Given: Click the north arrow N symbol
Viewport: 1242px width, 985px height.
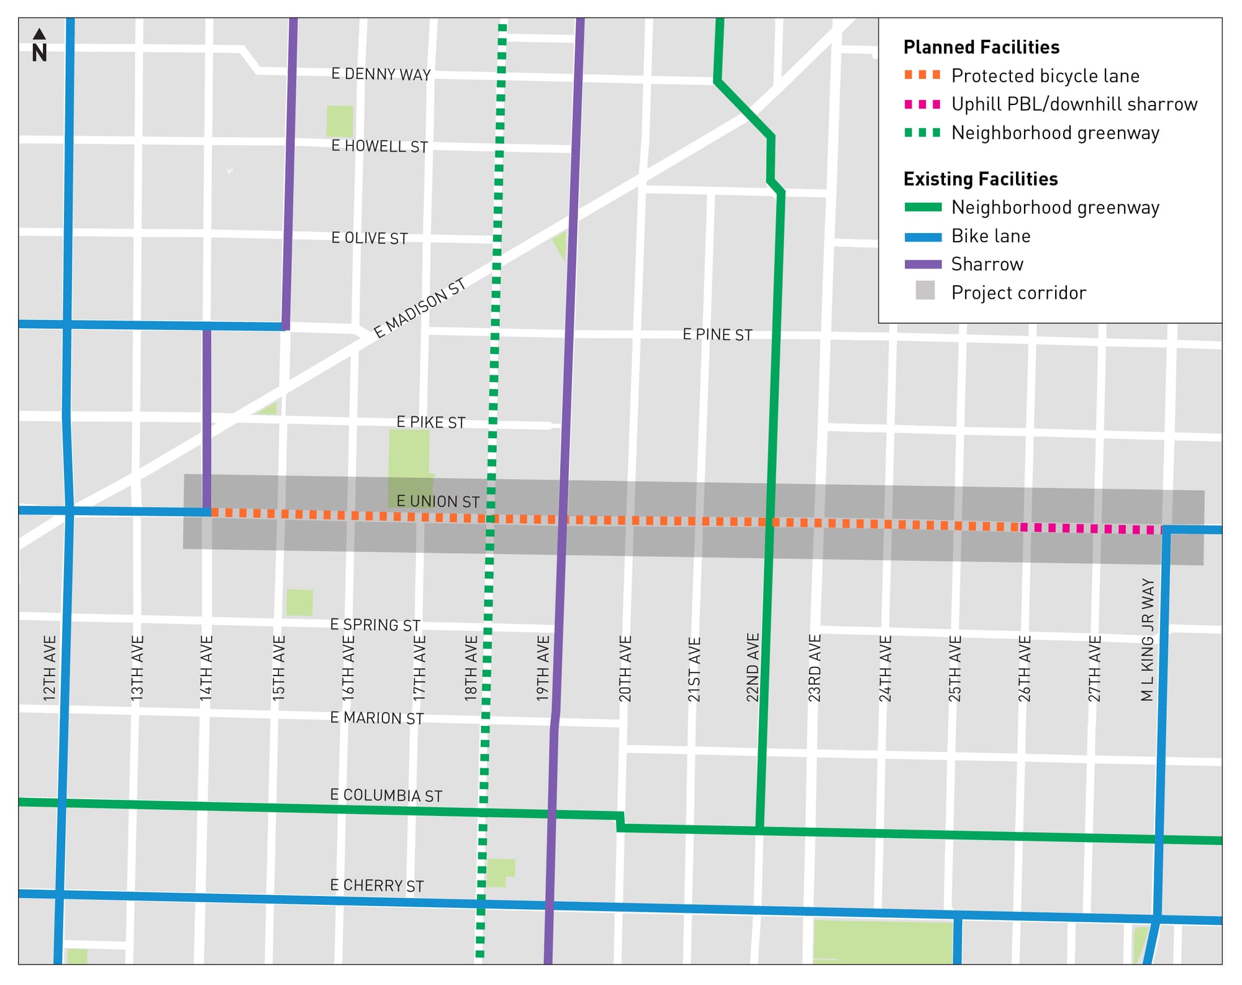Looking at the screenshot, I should pos(39,46).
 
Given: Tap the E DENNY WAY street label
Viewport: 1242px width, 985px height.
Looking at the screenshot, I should pos(381,75).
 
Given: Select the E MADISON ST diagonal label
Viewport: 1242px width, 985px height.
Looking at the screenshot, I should pos(419,308).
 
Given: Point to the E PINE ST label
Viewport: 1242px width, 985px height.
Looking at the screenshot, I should pos(717,335).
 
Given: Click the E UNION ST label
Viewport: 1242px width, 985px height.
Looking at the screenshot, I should pos(438,502).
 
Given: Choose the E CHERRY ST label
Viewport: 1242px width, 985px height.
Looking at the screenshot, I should pos(377,886).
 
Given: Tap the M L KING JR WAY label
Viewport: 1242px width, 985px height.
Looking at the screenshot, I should pos(1148,640).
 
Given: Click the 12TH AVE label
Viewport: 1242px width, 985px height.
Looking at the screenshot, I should pos(50,669).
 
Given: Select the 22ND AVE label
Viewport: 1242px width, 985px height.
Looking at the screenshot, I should pos(753,668).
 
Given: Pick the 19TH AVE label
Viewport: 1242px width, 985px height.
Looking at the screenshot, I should pos(543,669).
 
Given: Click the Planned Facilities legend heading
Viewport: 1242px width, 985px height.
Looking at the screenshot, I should pos(981,47).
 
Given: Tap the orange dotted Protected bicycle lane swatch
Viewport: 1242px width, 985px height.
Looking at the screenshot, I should pos(923,75).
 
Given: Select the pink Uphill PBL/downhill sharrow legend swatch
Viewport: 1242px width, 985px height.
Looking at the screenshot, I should pos(923,104).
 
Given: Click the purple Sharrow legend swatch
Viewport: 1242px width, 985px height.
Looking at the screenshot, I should pos(923,264).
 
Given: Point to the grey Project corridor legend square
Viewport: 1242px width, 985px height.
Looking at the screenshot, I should pos(925,290).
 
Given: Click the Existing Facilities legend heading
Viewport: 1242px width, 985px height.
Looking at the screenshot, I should pos(981,179).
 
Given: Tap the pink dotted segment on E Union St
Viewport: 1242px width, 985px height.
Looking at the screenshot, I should pos(1091,529).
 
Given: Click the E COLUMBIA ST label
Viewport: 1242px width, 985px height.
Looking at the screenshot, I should pos(386,795).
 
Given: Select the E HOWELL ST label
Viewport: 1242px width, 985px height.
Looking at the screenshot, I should pos(379,147).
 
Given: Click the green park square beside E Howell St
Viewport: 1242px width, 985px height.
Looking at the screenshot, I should pos(340,121).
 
